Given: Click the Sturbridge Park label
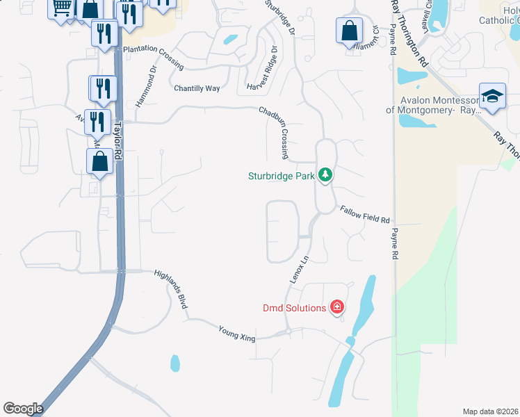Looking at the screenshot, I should pyautogui.click(x=282, y=176).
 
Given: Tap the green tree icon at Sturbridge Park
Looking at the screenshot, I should pyautogui.click(x=324, y=174).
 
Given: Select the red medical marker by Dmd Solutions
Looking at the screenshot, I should pyautogui.click(x=337, y=306).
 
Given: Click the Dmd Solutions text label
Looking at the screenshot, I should pyautogui.click(x=294, y=308).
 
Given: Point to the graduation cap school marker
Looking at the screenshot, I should pyautogui.click(x=492, y=96).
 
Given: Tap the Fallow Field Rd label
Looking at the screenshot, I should pyautogui.click(x=364, y=215).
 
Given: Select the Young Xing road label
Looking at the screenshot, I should pyautogui.click(x=237, y=334).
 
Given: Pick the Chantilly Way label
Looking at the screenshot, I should pyautogui.click(x=196, y=88).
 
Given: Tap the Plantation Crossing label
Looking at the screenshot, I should pyautogui.click(x=153, y=58).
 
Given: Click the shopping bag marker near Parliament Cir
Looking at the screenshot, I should pyautogui.click(x=349, y=31).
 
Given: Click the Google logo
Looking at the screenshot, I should pyautogui.click(x=23, y=408).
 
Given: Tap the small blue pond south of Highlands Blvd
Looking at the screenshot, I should pyautogui.click(x=174, y=363).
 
